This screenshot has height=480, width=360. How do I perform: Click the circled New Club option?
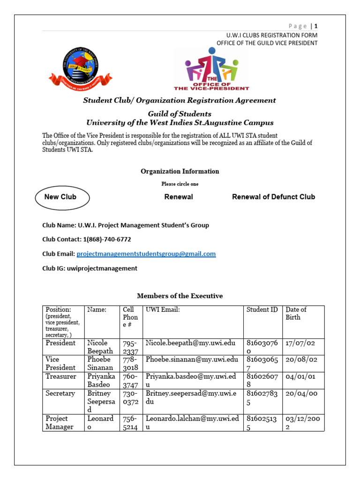60,197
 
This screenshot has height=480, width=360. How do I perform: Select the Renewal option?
178,197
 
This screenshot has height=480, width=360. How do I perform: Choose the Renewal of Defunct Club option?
273,197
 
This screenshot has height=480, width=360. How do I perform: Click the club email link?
146,254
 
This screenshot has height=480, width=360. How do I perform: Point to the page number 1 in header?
316,26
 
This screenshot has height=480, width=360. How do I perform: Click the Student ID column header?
262,310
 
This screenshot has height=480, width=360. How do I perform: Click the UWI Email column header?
163,310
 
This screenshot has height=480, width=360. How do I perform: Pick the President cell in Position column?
60,343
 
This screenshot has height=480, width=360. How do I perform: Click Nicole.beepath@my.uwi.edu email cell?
190,343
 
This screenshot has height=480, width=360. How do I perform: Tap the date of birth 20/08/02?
301,360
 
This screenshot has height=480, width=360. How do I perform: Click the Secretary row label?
60,393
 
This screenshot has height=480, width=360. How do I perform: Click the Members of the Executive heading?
180,296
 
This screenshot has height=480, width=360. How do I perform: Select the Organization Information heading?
180,172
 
